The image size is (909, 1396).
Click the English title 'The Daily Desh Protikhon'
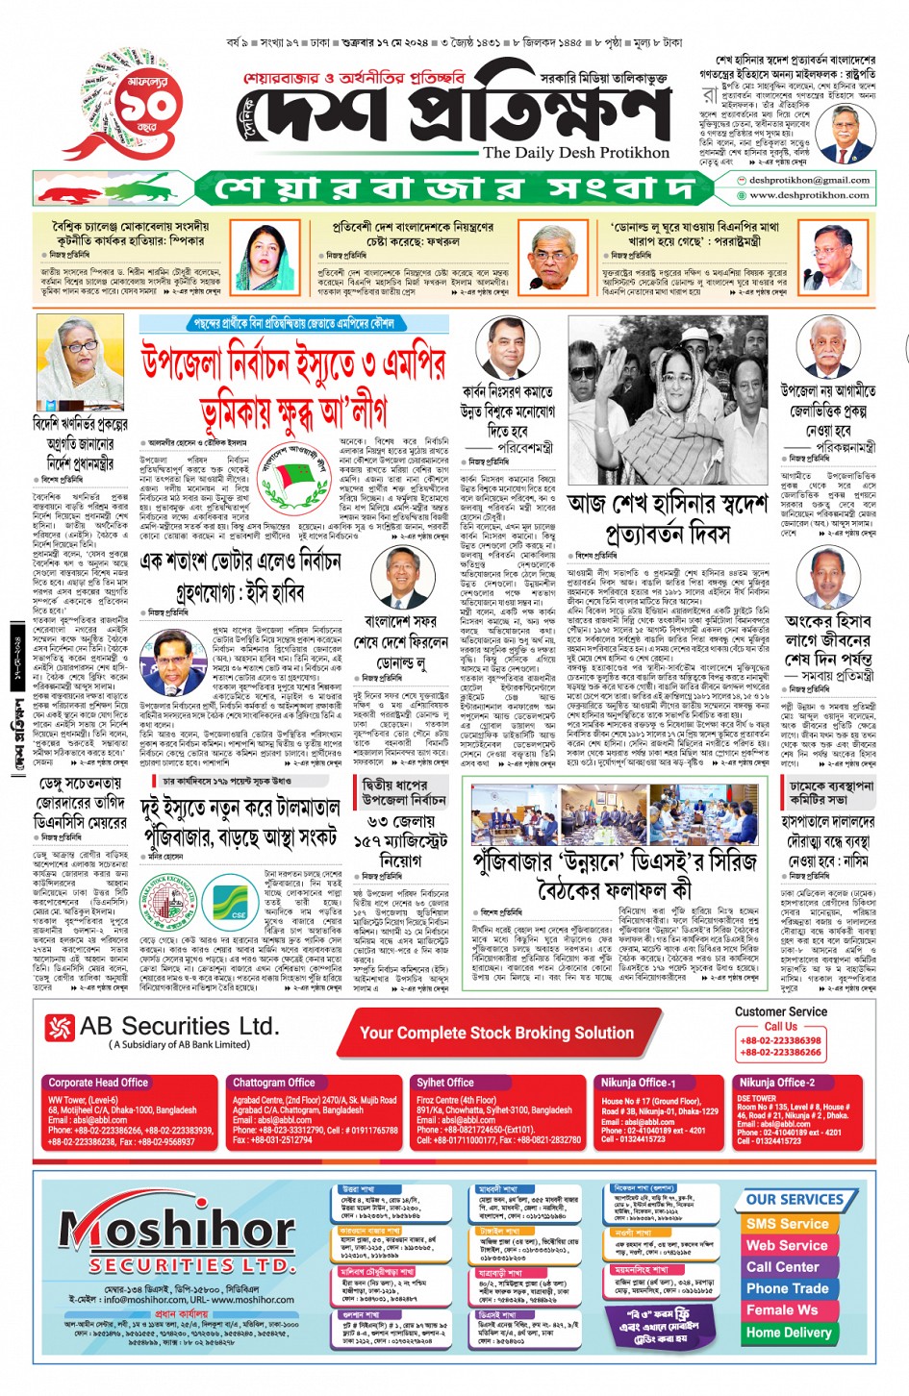[575, 153]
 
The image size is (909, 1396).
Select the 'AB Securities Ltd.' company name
[179, 1027]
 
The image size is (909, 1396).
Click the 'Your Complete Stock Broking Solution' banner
[496, 1033]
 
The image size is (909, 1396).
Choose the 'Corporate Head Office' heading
[98, 1083]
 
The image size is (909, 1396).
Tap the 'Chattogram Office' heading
[273, 1083]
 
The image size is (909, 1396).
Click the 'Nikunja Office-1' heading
[639, 1083]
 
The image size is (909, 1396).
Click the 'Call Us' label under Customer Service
[780, 1026]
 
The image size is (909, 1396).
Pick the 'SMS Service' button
[787, 1224]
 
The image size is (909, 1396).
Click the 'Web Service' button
[787, 1245]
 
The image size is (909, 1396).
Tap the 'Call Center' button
[783, 1267]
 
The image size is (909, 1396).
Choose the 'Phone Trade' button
[787, 1288]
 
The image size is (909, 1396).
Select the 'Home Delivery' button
[788, 1333]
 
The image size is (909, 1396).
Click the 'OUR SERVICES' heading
[795, 1200]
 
